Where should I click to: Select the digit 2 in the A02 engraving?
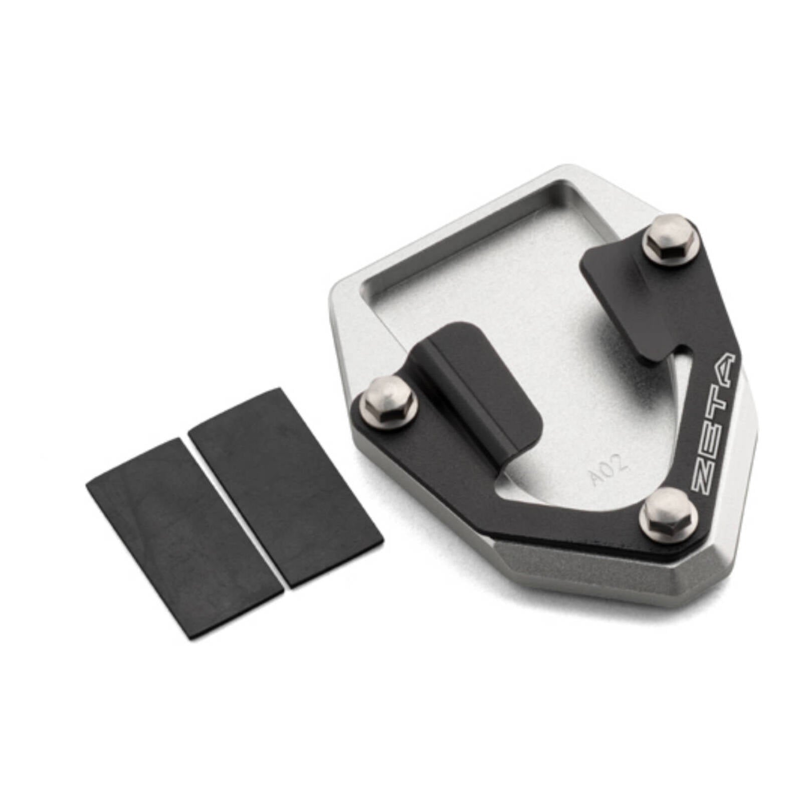pos(620,461)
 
